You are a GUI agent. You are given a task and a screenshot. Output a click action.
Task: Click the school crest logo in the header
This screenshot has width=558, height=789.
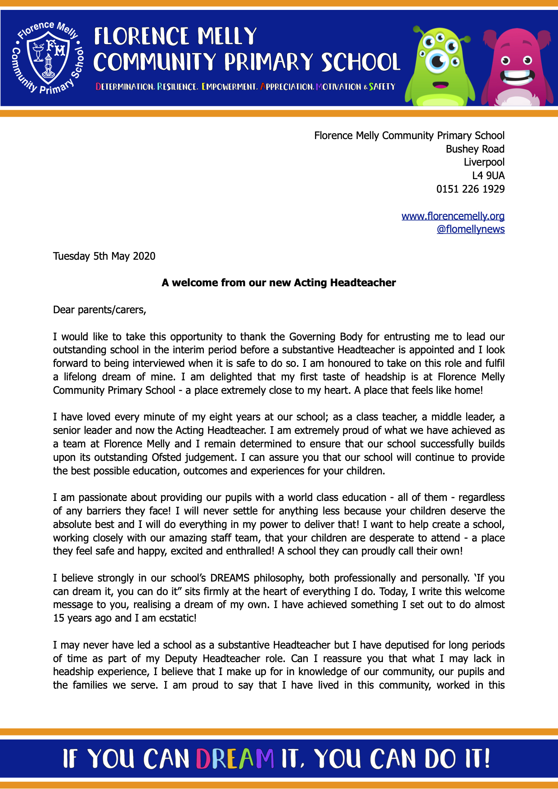tap(47, 58)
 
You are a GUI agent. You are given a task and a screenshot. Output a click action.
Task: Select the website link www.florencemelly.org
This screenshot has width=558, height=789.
tap(453, 216)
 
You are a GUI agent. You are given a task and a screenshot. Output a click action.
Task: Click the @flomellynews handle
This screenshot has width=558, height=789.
tap(470, 230)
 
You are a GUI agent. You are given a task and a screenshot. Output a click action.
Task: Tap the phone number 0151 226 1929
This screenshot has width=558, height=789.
tap(470, 189)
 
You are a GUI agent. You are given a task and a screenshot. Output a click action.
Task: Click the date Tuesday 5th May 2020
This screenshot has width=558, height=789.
tap(104, 256)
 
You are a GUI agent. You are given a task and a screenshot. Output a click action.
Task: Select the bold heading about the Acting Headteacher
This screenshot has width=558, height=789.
tap(279, 283)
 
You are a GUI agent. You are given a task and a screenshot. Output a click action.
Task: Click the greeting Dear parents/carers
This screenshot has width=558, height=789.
tap(99, 310)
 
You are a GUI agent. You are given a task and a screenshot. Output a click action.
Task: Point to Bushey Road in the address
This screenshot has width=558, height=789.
tap(475, 149)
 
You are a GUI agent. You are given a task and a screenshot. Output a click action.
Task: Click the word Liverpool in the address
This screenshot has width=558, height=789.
tap(484, 162)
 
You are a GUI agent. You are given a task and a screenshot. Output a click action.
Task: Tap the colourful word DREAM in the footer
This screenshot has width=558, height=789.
tap(235, 759)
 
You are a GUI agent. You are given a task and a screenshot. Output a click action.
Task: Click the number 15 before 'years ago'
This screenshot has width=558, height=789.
tap(58, 618)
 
